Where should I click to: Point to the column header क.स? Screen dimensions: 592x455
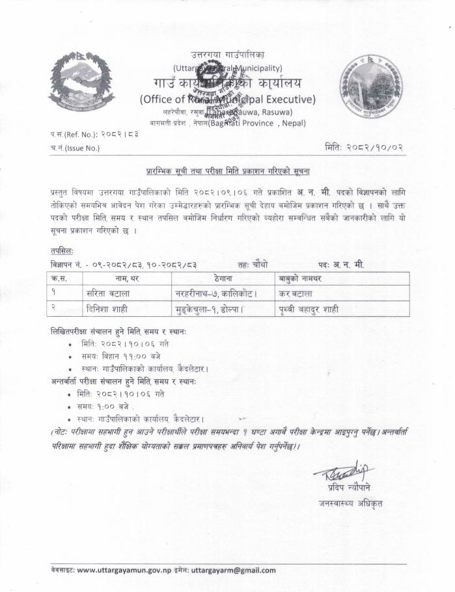66,278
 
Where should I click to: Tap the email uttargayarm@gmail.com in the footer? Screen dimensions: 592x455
232,571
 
